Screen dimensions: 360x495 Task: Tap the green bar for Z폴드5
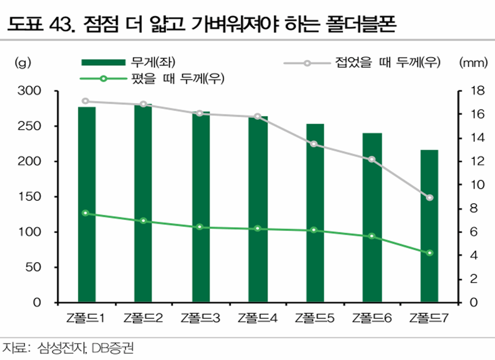point(315,213)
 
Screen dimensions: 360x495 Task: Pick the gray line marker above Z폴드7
point(430,198)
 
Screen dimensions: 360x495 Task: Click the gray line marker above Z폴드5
point(314,144)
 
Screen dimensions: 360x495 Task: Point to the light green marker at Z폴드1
point(86,213)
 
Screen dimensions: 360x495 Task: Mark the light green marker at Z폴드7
point(430,253)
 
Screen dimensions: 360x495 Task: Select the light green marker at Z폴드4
point(258,228)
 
